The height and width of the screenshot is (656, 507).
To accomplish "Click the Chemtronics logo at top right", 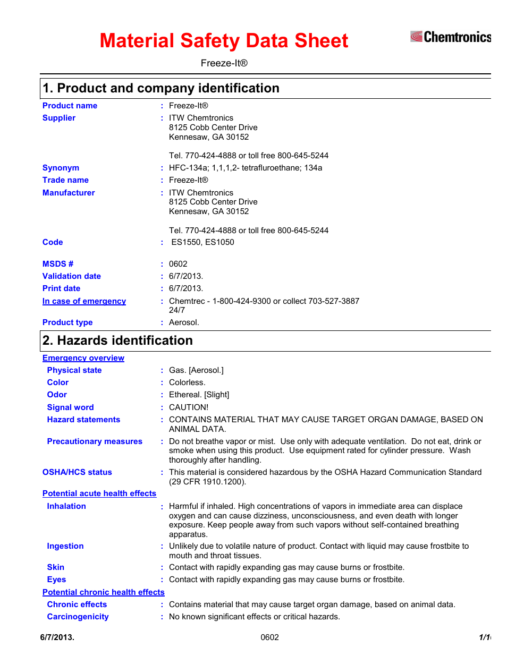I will [x=450, y=37].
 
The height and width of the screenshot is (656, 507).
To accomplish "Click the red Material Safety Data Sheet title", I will [x=224, y=41].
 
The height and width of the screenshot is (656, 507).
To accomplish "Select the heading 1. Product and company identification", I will [x=161, y=88].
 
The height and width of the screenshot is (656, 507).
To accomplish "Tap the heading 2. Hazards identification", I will [x=117, y=340].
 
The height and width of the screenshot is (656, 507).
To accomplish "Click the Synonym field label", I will [x=61, y=168].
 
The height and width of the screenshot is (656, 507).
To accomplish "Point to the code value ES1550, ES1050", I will [x=202, y=242].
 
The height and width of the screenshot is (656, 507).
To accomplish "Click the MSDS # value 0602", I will [x=178, y=264].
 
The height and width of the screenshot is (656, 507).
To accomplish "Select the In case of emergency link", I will [x=84, y=301].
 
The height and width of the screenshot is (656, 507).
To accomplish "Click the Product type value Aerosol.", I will [x=184, y=322].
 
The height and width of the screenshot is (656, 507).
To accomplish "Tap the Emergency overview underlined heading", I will [x=83, y=358].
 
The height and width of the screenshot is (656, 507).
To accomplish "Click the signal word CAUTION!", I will [x=189, y=407].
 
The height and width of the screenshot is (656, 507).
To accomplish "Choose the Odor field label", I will [x=57, y=395].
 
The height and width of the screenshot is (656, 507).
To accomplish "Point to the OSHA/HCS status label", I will [x=77, y=472].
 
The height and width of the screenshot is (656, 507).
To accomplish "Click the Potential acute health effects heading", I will [x=99, y=493].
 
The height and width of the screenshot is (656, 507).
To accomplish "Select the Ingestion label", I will [x=65, y=546].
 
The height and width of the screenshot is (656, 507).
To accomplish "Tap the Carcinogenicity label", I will [x=78, y=617].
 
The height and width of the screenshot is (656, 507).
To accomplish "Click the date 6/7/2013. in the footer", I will [x=57, y=637].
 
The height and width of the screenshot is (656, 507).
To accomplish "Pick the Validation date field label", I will [x=72, y=276].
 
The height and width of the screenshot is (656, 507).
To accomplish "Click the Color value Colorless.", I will [x=187, y=382].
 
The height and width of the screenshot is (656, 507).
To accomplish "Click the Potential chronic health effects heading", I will [x=104, y=592].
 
